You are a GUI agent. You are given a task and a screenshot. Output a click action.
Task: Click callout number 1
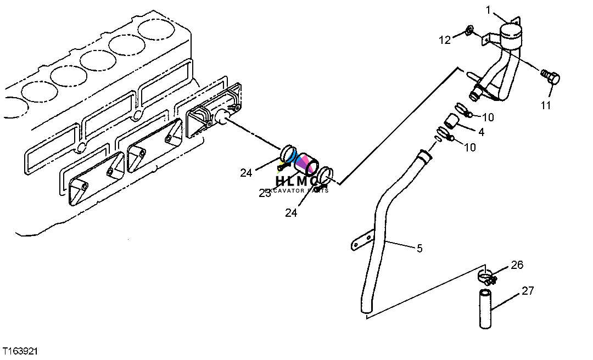coord(488,9)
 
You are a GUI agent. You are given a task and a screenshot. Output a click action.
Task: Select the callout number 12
coord(444,40)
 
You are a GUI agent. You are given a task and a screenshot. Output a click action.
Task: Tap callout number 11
coord(545,105)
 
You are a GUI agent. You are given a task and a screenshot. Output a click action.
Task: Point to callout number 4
coord(481,132)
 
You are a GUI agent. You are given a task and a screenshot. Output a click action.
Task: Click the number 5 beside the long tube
coord(419,249)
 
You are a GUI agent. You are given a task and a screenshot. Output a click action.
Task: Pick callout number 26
coord(517,265)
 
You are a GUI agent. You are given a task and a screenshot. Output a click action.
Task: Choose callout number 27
coord(528,291)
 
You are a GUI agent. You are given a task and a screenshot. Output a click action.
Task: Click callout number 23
coord(265,193)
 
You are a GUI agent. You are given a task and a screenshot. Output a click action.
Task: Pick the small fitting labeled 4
coord(451,121)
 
